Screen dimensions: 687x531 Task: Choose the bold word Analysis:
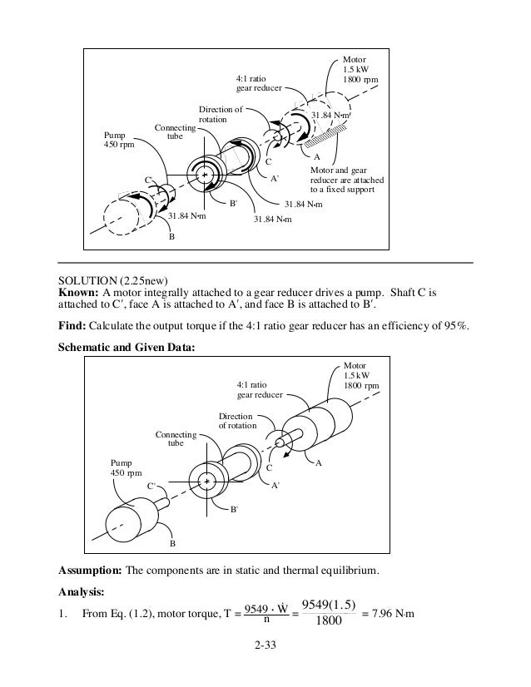[81, 593]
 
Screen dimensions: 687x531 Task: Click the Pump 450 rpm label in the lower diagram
[127, 467]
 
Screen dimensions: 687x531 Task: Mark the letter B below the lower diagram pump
[172, 543]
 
